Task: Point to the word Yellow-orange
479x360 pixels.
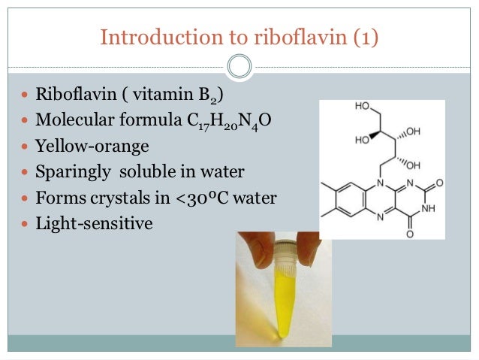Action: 86,147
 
